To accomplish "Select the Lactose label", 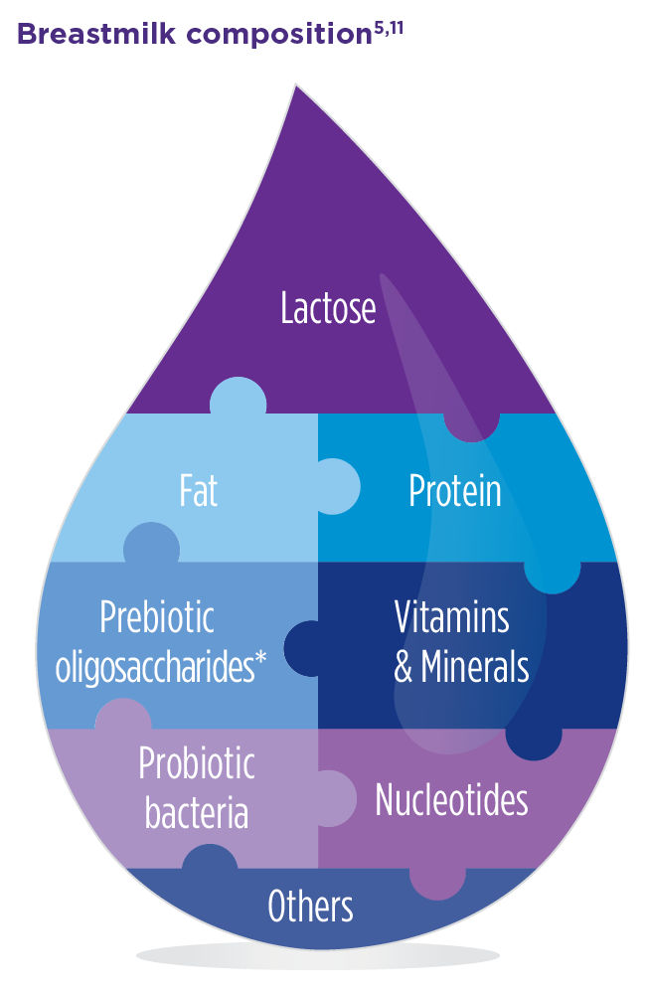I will pyautogui.click(x=328, y=309).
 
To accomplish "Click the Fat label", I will pyautogui.click(x=199, y=491).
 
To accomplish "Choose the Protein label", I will pyautogui.click(x=454, y=491).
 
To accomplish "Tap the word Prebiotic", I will pyautogui.click(x=157, y=619).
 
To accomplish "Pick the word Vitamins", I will pyautogui.click(x=452, y=618).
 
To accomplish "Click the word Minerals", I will pyautogui.click(x=475, y=667).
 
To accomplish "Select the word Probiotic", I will pyautogui.click(x=197, y=764).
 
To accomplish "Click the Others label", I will pyautogui.click(x=311, y=907).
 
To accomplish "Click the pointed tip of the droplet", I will pyautogui.click(x=295, y=89).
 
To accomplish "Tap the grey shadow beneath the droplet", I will pyautogui.click(x=318, y=956).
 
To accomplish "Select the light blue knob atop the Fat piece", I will pyautogui.click(x=239, y=398).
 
